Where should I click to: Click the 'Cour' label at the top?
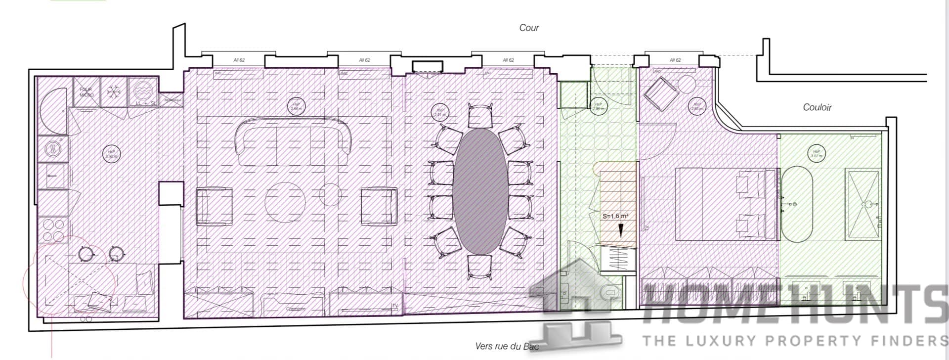point(528,28)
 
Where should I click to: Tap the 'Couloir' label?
point(817,107)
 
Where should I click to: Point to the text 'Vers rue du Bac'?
point(506,347)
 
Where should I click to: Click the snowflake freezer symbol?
point(114,91)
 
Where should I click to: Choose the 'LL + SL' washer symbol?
point(143,91)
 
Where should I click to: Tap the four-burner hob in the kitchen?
point(53,230)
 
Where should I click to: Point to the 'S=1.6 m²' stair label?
point(615,216)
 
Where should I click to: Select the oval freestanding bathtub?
point(796,204)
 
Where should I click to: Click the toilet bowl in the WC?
point(609,293)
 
